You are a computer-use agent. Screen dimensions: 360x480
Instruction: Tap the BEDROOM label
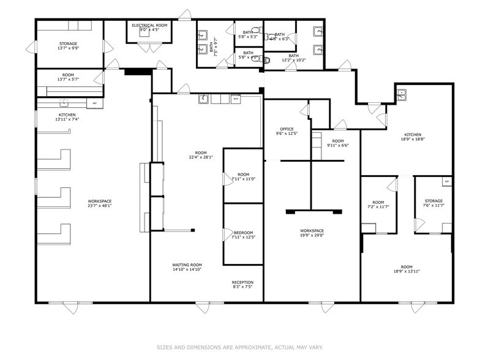[243, 233]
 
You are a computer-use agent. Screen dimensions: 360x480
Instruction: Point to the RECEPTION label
[243, 283]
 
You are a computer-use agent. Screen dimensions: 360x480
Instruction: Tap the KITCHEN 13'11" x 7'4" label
[67, 116]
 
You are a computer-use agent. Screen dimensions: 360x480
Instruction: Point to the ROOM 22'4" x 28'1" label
[201, 155]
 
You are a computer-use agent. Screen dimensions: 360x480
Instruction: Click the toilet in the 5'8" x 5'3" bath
[257, 29]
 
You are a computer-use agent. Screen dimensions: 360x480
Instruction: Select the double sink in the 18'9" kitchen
[402, 94]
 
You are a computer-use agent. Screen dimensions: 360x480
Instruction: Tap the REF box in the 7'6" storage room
[446, 181]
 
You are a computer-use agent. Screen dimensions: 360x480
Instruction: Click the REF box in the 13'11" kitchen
[94, 103]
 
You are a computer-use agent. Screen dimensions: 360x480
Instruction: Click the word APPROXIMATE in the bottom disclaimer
[247, 347]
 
